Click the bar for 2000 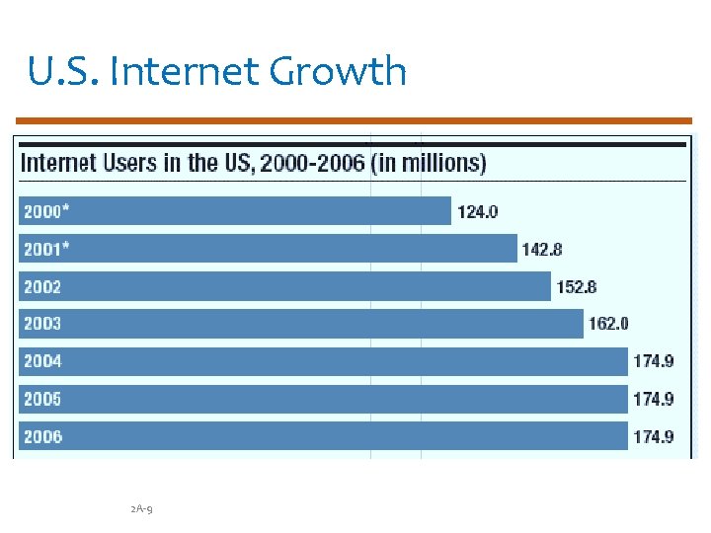[235, 211]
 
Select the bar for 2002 [284, 287]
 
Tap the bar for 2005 [323, 399]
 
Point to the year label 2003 [41, 324]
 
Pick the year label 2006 [41, 436]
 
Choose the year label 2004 [41, 361]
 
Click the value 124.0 [477, 212]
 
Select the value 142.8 [542, 250]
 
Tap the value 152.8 [576, 287]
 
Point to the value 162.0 [608, 324]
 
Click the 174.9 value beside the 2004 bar [653, 361]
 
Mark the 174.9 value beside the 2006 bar [653, 436]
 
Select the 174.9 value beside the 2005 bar [653, 399]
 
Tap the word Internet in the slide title [187, 72]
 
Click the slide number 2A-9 [141, 509]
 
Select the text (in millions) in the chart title [429, 163]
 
